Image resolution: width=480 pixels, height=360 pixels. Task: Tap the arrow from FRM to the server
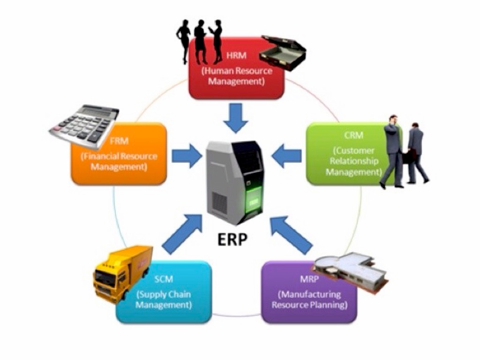tap(186, 156)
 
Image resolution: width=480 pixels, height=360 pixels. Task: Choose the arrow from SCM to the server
tap(181, 232)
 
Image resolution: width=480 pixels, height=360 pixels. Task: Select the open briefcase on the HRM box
tap(283, 52)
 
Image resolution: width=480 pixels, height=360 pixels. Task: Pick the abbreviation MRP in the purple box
tap(310, 280)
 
